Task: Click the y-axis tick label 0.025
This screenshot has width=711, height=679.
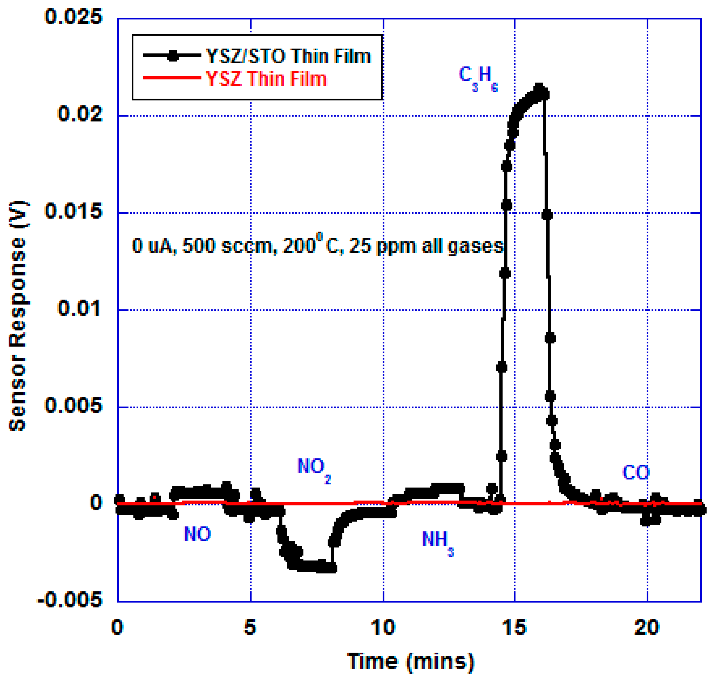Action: (x=74, y=17)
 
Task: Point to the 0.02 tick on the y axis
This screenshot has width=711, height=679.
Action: (x=80, y=114)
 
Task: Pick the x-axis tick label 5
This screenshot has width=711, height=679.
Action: (x=250, y=627)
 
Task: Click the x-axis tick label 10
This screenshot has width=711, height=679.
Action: (x=383, y=627)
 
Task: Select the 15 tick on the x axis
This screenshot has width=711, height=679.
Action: (x=514, y=627)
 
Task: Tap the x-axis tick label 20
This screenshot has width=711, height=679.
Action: (x=647, y=627)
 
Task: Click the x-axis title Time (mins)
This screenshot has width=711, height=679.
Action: (x=410, y=661)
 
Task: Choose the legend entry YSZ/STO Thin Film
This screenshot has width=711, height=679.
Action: (x=288, y=56)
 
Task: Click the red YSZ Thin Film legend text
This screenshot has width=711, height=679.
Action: (x=266, y=79)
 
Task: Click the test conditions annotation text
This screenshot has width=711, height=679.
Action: (x=317, y=246)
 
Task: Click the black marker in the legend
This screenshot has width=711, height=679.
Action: (x=173, y=56)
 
